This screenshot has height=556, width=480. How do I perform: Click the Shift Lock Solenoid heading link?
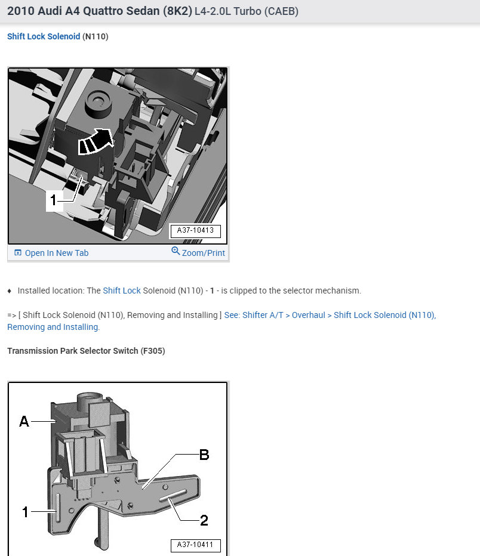[x=43, y=36]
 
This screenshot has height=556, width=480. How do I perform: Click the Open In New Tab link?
[x=56, y=253]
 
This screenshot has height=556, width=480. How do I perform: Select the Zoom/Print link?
[x=204, y=253]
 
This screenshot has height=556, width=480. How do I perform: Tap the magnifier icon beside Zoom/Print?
[x=176, y=251]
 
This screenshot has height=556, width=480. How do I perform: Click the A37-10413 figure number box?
[x=195, y=230]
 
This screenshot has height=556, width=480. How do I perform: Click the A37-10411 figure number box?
[x=195, y=545]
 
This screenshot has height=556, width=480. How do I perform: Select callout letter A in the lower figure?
[x=24, y=422]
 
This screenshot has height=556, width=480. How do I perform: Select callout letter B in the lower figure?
[x=204, y=455]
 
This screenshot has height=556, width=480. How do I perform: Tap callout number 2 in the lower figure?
[x=204, y=521]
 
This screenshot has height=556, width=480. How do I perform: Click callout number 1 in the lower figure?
[x=25, y=511]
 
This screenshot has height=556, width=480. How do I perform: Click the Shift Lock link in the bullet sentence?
[x=122, y=291]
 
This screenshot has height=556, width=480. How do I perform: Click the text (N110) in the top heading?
[x=96, y=36]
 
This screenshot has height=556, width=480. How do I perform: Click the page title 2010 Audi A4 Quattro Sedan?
[x=99, y=11]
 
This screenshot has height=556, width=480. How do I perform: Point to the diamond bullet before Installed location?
[x=10, y=291]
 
